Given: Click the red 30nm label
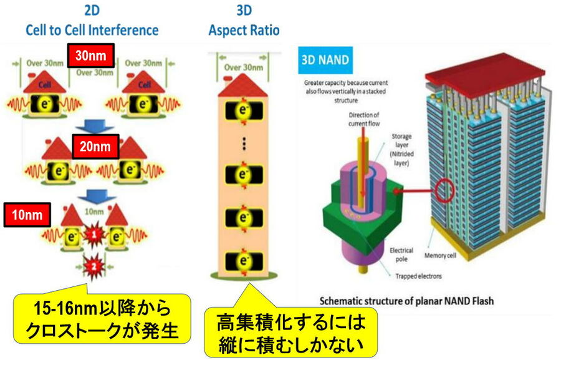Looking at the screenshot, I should [x=91, y=56].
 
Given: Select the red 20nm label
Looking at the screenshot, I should [x=94, y=148].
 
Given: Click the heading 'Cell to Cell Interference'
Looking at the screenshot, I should [x=92, y=29].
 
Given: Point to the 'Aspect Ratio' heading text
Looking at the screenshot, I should [x=244, y=29].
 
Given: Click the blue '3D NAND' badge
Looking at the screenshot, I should [x=325, y=61].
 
